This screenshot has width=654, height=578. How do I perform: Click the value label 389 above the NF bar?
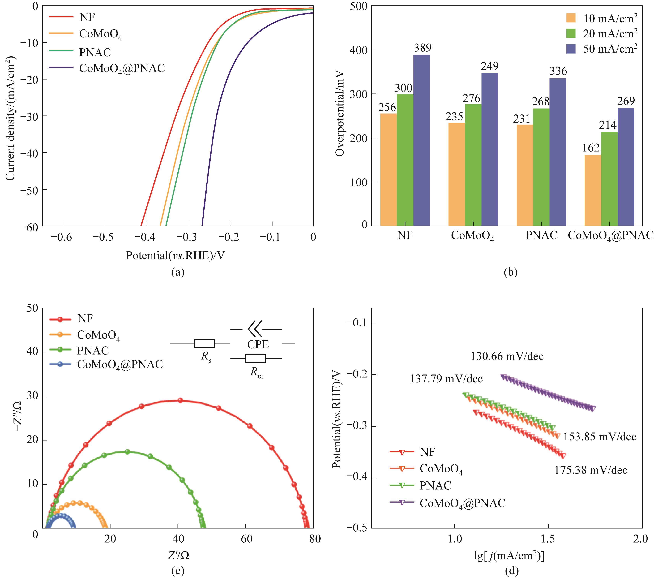[423, 48]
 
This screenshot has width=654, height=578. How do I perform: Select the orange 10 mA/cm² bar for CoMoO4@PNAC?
[592, 191]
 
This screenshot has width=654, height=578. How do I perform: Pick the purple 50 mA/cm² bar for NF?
[422, 141]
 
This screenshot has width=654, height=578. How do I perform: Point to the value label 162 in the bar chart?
[591, 148]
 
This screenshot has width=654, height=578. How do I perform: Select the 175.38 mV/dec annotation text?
[591, 470]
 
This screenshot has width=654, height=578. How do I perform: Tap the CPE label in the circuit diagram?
[258, 344]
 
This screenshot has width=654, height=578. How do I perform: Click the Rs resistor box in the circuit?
[204, 343]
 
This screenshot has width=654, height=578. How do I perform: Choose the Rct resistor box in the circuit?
[255, 358]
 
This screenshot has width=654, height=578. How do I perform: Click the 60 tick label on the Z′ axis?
[246, 539]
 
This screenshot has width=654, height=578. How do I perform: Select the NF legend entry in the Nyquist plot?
[85, 319]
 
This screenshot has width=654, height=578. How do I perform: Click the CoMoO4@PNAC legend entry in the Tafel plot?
[462, 503]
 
